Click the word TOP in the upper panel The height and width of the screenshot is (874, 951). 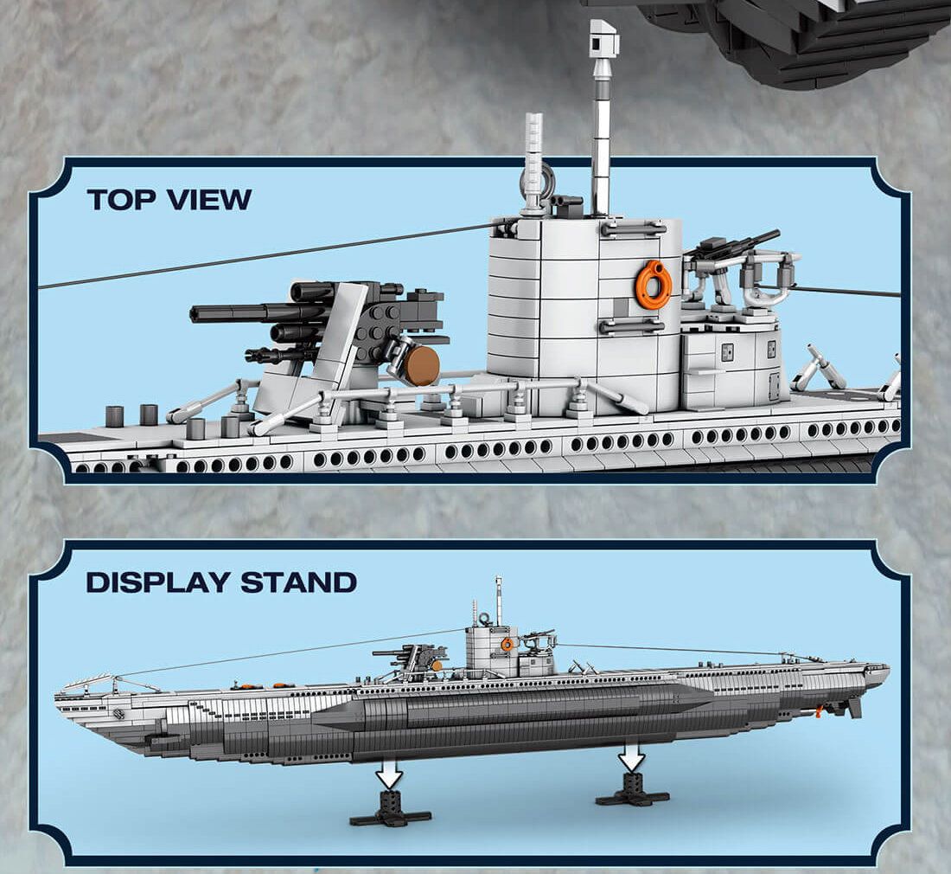[x=121, y=200]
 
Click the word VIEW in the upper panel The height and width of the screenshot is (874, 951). [x=208, y=200]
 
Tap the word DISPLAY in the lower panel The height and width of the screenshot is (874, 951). [x=158, y=582]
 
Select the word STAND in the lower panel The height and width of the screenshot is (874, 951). [x=298, y=582]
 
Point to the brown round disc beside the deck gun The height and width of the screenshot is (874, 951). [x=422, y=366]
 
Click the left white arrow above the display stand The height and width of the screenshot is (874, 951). [x=389, y=773]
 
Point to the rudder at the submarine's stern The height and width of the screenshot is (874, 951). [x=853, y=707]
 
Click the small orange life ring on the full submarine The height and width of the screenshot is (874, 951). [x=507, y=644]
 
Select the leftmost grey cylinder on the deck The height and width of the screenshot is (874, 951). [x=115, y=415]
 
